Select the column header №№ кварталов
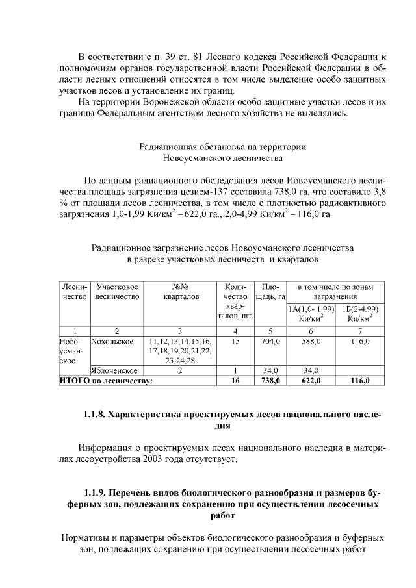pyautogui.click(x=180, y=292)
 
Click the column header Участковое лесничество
pyautogui.click(x=117, y=292)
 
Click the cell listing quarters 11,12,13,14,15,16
pyautogui.click(x=180, y=341)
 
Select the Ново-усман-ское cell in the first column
pyautogui.click(x=70, y=350)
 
